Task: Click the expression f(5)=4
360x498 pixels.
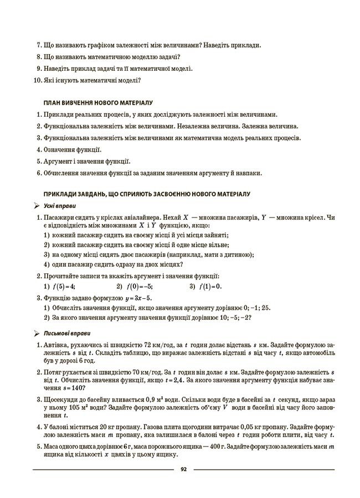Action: point(63,286)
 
